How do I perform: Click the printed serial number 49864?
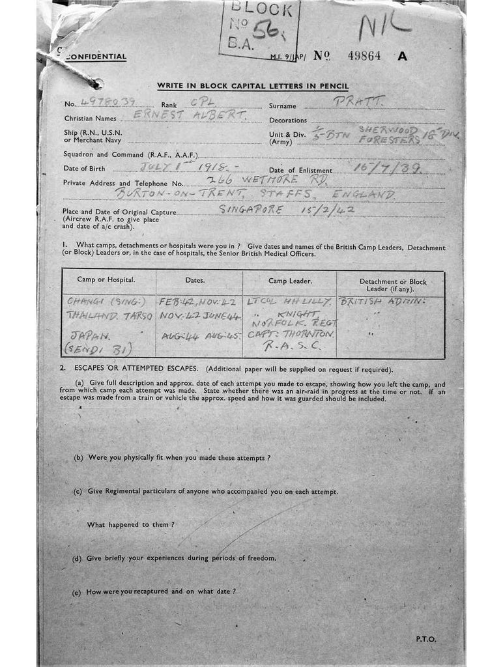click(365, 56)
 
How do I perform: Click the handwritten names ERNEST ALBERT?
click(190, 116)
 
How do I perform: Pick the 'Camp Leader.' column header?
click(290, 281)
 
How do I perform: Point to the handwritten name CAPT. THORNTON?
click(291, 334)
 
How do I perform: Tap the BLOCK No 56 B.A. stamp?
click(259, 29)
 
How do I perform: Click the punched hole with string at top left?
click(96, 83)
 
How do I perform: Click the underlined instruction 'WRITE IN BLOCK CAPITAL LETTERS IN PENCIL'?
click(253, 86)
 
